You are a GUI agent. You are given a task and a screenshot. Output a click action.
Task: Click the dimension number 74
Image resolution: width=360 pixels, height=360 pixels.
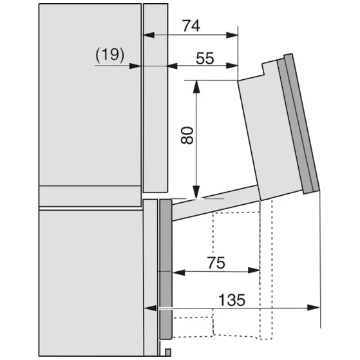point(191,26)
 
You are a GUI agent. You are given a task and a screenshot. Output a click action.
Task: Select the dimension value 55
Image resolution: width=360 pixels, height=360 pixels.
point(205,59)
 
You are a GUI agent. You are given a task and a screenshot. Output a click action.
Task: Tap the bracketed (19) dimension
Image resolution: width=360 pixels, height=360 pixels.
point(109,55)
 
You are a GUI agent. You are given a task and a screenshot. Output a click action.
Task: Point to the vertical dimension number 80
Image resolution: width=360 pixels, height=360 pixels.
point(187,135)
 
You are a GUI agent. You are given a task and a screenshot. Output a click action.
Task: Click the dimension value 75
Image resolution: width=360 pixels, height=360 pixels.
point(216,263)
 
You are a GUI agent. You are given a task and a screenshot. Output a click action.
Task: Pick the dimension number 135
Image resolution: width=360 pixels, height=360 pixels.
point(232,300)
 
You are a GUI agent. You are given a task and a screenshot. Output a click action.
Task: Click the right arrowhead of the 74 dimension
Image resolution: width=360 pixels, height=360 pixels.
point(232,35)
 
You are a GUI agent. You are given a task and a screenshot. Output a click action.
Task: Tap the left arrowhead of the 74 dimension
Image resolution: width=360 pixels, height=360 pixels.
point(149,35)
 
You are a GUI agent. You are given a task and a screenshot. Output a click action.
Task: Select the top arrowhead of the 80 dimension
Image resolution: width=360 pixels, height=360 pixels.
point(196,86)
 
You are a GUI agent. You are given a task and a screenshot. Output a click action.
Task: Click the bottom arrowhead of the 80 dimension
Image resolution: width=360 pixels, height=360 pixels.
point(196,192)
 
